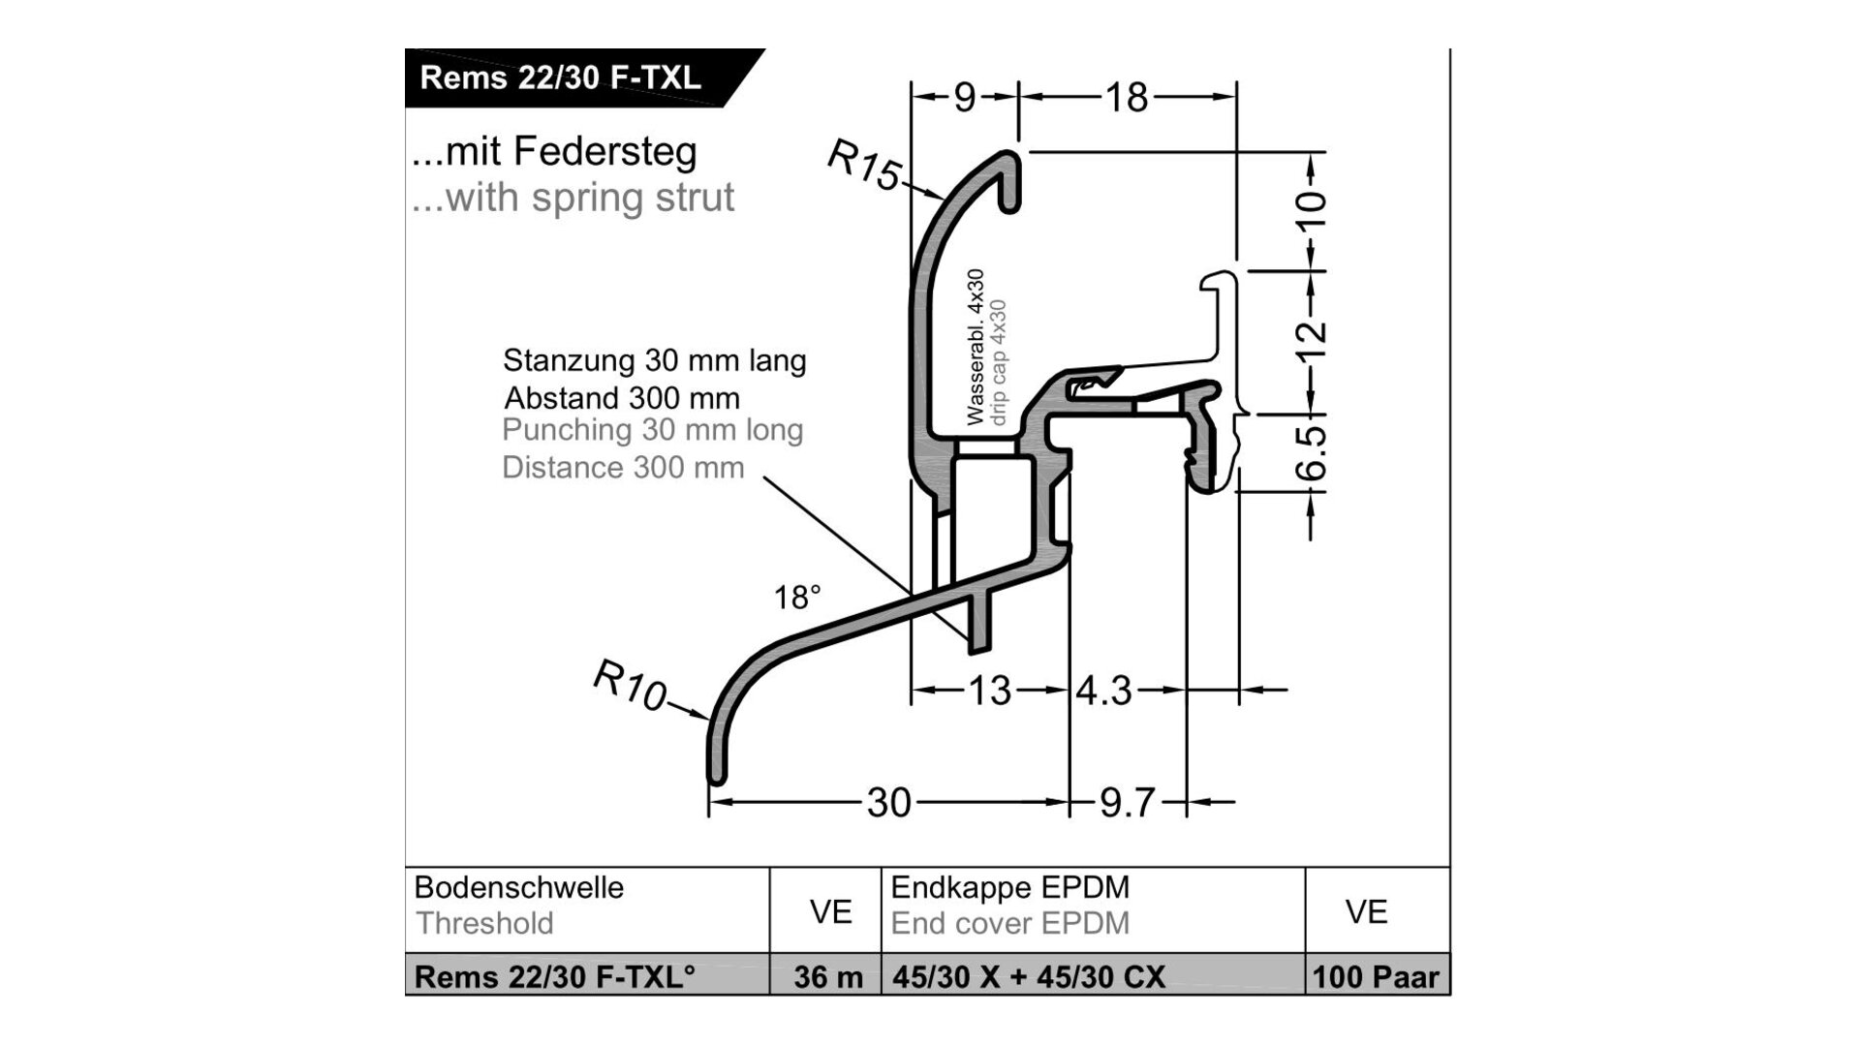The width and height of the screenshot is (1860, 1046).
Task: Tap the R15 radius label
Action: [863, 166]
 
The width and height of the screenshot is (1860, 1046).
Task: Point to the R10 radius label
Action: [630, 685]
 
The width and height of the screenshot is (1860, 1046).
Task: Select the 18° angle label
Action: [796, 598]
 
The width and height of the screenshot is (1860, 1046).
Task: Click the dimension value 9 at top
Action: [964, 97]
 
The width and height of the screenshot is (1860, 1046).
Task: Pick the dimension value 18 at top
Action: [1127, 97]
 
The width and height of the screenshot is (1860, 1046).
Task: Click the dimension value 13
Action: [990, 691]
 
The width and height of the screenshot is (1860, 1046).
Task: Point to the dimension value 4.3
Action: [1103, 691]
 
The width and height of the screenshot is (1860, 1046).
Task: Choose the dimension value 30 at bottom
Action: [888, 802]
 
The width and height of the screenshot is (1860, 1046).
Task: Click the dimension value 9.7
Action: [1127, 802]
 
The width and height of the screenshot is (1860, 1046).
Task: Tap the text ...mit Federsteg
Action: [554, 151]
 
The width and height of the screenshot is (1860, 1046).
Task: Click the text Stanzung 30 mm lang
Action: [654, 360]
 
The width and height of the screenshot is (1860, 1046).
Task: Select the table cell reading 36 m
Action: [828, 977]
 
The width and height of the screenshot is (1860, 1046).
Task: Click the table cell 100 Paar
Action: [1376, 977]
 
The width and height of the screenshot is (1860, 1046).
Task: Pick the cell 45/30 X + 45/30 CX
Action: [1029, 977]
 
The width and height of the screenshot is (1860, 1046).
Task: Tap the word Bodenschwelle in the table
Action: [519, 887]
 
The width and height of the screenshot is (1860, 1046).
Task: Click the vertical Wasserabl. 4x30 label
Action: [976, 347]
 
